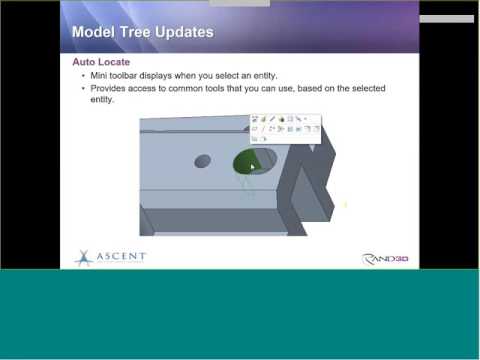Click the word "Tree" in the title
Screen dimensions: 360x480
140,32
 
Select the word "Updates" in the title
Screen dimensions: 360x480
187,32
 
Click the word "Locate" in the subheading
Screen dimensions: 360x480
113,62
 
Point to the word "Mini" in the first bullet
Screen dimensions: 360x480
98,76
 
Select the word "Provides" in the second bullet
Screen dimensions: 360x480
107,89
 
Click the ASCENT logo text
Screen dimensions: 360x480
120,257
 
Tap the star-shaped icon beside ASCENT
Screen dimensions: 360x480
83,258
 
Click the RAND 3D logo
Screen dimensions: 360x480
385,259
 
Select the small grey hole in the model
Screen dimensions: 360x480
201,160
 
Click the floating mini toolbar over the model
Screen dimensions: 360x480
286,128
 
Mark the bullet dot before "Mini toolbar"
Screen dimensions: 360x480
82,76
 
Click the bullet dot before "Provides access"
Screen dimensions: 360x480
82,89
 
